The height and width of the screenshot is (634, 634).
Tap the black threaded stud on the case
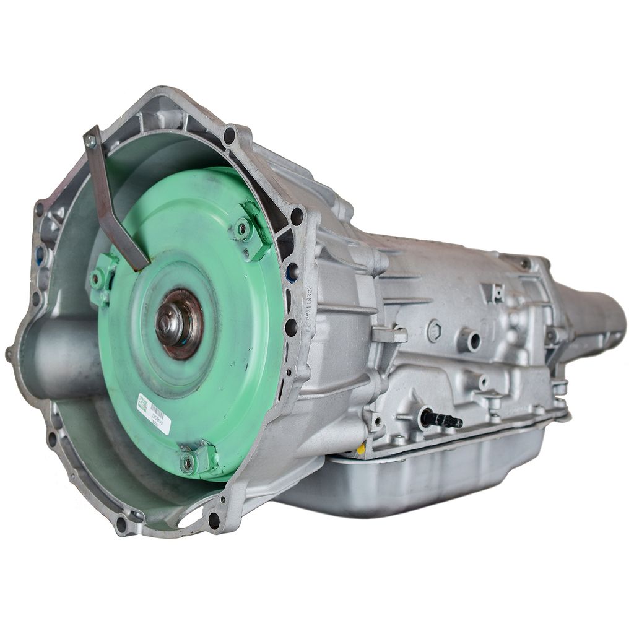click(441, 419)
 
